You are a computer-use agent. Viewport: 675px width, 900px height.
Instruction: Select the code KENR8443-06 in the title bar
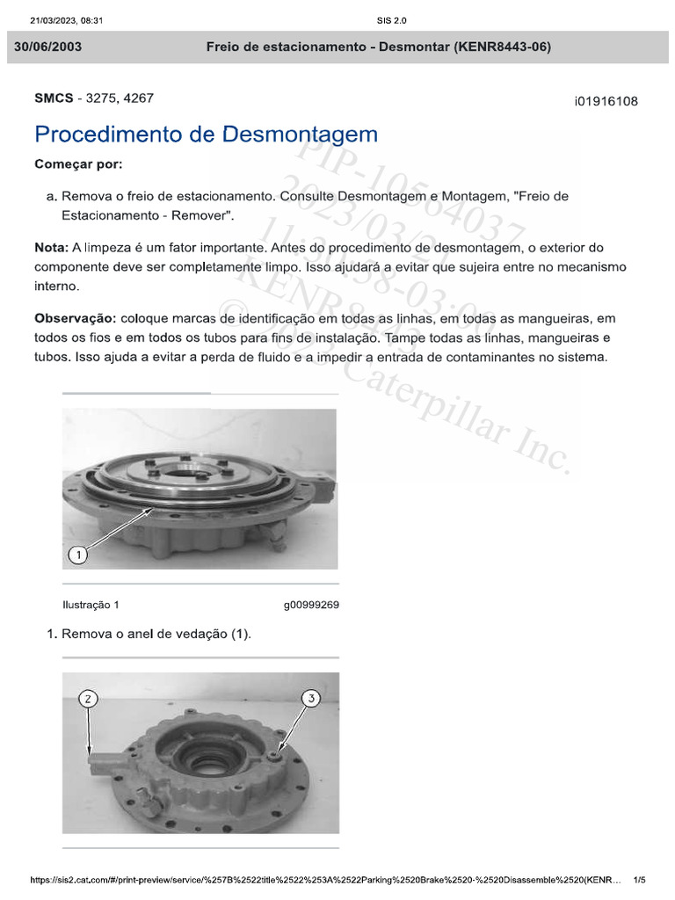[x=503, y=47]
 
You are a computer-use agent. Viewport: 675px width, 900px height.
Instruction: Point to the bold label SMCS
[x=54, y=98]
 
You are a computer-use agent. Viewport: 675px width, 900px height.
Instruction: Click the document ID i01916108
[x=606, y=102]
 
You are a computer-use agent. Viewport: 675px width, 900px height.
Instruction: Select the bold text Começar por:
[x=79, y=164]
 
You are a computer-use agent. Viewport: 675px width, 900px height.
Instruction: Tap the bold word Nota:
[x=51, y=249]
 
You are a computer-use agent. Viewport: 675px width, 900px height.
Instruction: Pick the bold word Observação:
[x=76, y=317]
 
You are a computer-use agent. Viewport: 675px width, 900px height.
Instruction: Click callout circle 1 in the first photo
[x=78, y=555]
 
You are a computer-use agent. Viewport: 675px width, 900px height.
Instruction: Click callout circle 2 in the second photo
[x=88, y=700]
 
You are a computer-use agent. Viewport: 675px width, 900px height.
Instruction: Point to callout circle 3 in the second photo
[x=310, y=700]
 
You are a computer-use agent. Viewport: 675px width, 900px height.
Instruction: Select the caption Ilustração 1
[x=91, y=606]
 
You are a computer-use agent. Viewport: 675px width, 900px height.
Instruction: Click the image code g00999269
[x=311, y=606]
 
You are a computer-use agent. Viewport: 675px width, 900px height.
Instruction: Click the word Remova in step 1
[x=86, y=635]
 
